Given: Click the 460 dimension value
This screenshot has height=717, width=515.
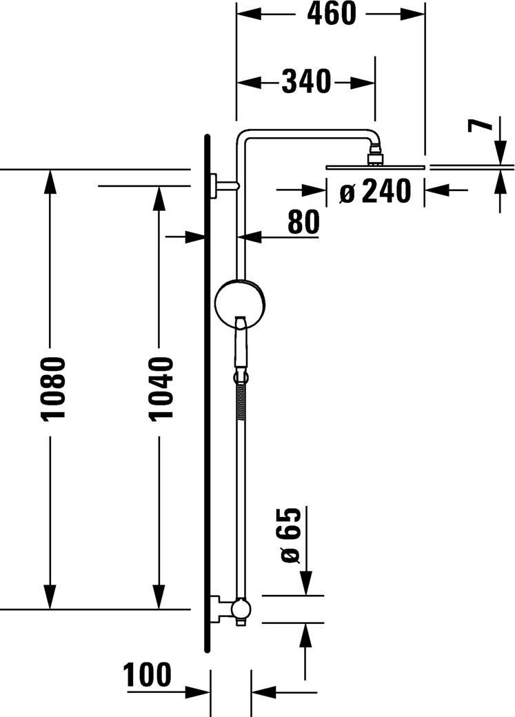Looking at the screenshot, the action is tap(331, 14).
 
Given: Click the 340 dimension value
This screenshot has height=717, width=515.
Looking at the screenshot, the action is tap(305, 82).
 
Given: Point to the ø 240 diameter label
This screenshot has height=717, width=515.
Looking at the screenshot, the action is tap(375, 191).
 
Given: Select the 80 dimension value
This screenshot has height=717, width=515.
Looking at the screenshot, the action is tap(303, 223).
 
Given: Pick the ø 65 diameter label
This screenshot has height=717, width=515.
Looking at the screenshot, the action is tap(289, 535).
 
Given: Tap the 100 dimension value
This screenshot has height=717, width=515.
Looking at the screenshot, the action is tap(147, 675).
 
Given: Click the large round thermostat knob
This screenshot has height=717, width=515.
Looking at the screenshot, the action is tap(241, 303).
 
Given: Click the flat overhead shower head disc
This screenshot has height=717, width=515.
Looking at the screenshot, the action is tap(376, 168).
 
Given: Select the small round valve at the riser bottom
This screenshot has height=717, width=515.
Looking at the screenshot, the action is tap(241, 609).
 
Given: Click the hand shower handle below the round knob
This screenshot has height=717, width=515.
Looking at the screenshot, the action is tap(241, 341).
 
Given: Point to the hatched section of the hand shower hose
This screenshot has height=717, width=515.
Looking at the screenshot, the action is tap(240, 401).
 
